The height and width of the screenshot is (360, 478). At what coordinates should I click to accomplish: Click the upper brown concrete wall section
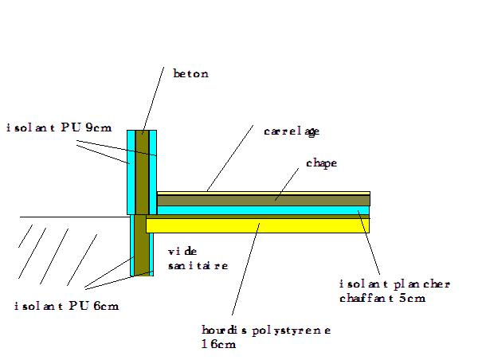tap(143, 171)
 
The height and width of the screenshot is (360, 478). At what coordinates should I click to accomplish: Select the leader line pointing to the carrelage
tap(231, 159)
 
